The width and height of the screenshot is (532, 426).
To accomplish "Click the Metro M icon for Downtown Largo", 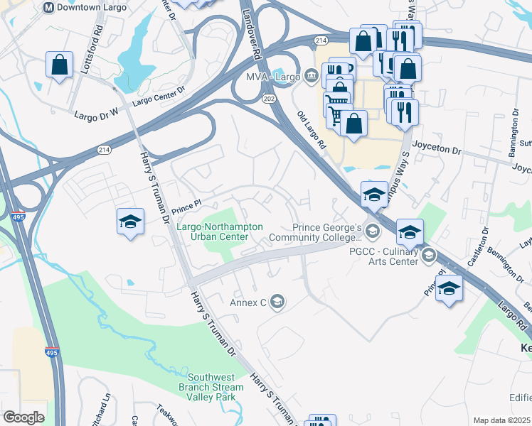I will coord(48,7).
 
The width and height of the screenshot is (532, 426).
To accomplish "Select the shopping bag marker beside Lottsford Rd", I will coord(59,65).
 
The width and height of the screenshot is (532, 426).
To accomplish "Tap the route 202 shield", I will coord(268,97).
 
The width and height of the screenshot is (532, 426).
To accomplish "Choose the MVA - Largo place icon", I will coord(312,75).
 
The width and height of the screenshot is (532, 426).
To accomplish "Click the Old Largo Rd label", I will coord(311,130).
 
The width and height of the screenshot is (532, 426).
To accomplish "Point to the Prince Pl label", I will coord(188,208).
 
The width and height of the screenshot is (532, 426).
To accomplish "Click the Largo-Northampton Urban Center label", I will coord(220,231).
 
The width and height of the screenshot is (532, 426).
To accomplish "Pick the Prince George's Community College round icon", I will coord(371,231).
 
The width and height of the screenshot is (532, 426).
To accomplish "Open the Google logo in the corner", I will coord(23,417).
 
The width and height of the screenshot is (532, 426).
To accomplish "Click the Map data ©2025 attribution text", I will coord(501,420).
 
